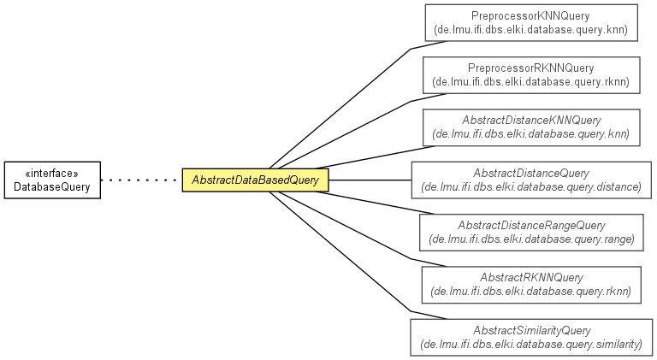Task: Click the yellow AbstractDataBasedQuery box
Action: point(255,180)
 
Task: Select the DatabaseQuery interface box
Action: point(52,180)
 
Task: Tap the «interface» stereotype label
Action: point(52,174)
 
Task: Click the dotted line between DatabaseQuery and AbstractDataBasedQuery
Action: point(142,180)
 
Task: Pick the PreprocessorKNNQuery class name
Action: point(530,16)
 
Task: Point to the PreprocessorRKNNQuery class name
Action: point(531,68)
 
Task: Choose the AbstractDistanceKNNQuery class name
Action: point(531,121)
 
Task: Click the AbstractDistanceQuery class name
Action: point(531,174)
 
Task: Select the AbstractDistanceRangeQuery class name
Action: point(531,226)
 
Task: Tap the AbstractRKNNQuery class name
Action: point(531,278)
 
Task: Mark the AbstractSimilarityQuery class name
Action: point(532,331)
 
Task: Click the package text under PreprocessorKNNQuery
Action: point(531,30)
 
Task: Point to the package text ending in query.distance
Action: point(531,187)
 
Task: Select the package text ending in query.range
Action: point(531,239)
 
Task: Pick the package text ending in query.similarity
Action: point(531,345)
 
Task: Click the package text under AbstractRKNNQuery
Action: point(531,292)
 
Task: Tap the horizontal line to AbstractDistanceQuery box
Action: point(370,180)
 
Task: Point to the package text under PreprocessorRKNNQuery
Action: point(531,82)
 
